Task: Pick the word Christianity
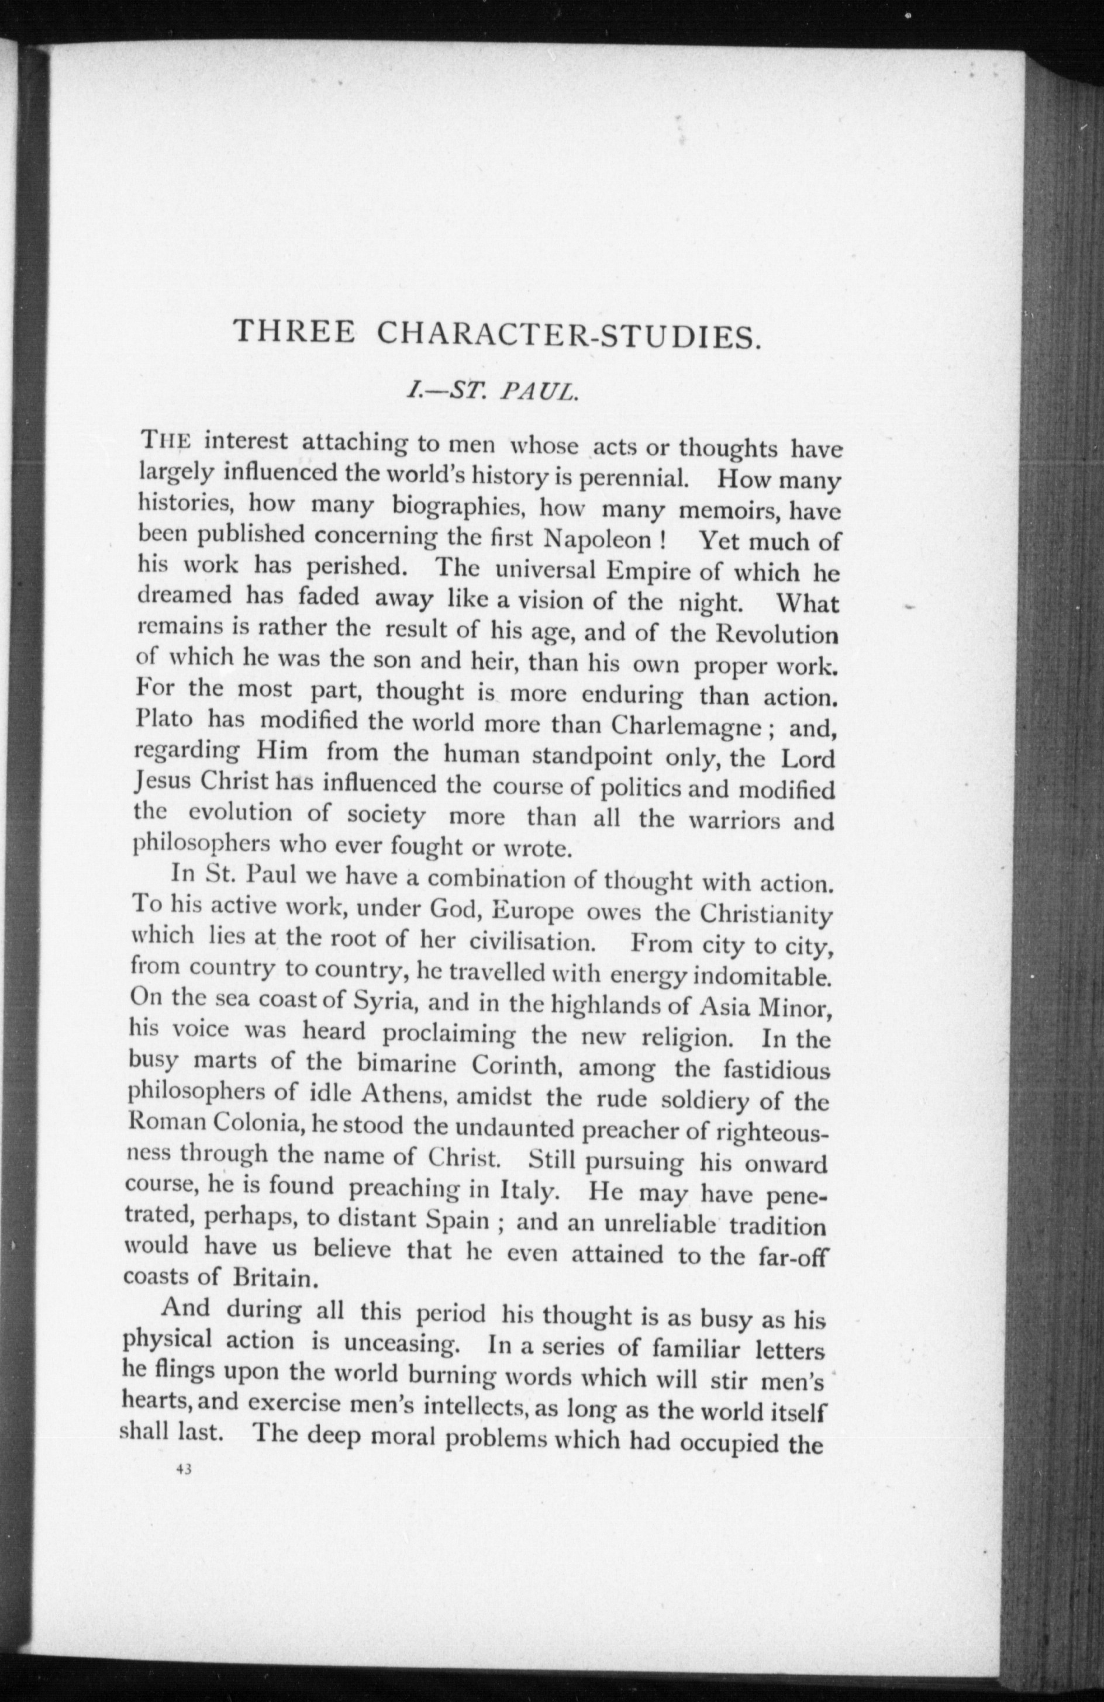pyautogui.click(x=765, y=916)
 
